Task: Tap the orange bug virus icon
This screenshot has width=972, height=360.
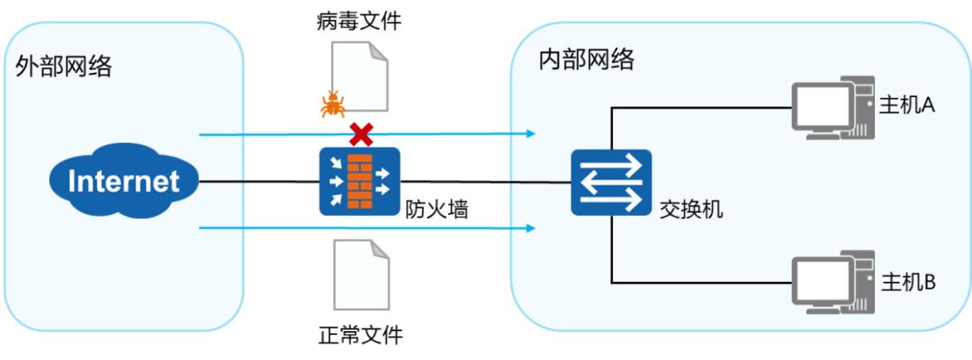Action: coord(332,104)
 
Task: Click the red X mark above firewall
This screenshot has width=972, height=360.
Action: coord(361,135)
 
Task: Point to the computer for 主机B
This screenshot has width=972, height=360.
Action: coord(832,283)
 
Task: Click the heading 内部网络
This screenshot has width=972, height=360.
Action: coord(586,59)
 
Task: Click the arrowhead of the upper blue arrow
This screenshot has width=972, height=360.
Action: coord(532,134)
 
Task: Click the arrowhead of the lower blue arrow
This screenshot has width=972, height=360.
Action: coord(532,229)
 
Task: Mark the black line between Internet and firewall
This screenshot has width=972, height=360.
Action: coord(261,182)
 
